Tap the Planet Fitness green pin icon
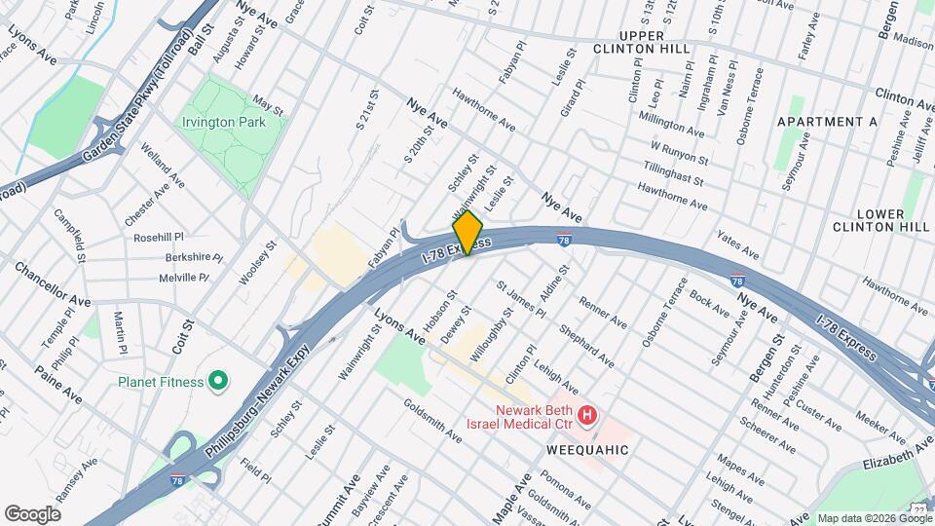pos(217,381)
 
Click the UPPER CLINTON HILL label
pos(642,41)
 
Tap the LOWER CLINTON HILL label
pos(881,220)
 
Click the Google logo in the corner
pos(32,513)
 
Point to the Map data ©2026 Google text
pos(873,518)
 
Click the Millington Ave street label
pos(671,128)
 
